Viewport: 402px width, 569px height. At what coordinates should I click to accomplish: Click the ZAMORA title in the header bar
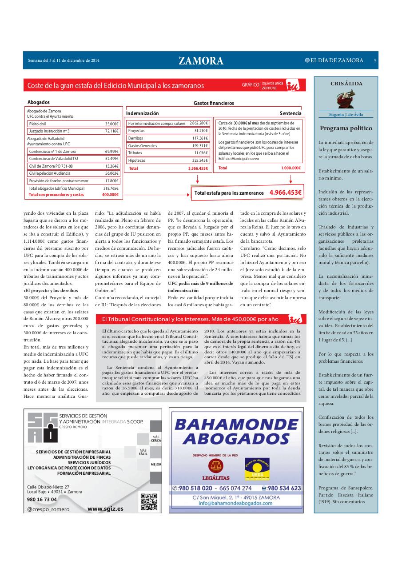[201, 61]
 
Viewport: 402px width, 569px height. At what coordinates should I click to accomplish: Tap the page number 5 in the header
[375, 60]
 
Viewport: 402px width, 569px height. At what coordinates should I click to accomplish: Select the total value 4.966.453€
[285, 192]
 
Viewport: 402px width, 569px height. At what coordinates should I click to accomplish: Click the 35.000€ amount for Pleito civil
[111, 124]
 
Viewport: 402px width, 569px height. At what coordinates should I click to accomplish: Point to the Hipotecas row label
[137, 160]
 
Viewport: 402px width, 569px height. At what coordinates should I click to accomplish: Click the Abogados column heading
[39, 102]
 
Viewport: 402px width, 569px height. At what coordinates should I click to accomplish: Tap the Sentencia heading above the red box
[290, 113]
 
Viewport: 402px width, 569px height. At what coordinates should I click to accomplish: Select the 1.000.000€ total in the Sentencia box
[291, 168]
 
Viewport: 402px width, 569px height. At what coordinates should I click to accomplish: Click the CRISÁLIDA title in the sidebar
[346, 84]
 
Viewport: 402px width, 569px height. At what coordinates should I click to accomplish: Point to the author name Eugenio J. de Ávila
[346, 114]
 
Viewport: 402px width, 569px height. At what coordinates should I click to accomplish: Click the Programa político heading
[346, 128]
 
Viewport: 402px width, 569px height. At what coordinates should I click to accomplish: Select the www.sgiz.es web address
[105, 509]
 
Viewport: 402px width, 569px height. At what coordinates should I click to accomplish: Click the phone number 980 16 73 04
[42, 499]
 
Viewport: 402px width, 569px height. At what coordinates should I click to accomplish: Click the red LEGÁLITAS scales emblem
[217, 466]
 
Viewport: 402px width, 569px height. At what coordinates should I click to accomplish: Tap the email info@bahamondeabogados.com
[235, 503]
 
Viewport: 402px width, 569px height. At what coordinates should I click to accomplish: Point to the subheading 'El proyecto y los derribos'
[50, 290]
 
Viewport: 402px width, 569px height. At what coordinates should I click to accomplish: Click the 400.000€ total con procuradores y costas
[110, 195]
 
